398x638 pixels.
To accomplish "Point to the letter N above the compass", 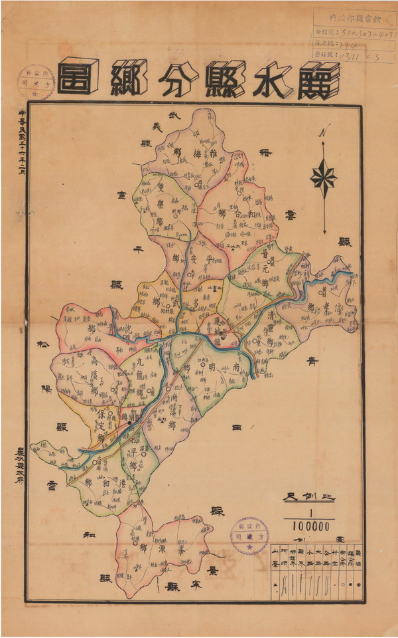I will pyautogui.click(x=323, y=132).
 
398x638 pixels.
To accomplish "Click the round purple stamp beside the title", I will pyautogui.click(x=36, y=82).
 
